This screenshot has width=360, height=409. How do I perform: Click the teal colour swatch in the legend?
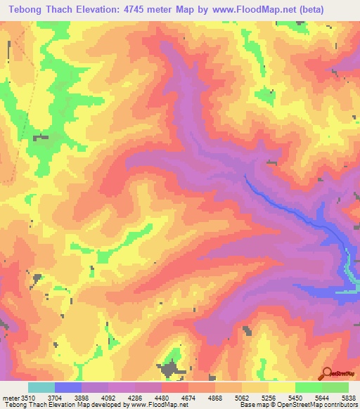pos(41,388)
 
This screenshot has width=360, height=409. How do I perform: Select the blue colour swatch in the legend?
pos(67,388)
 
